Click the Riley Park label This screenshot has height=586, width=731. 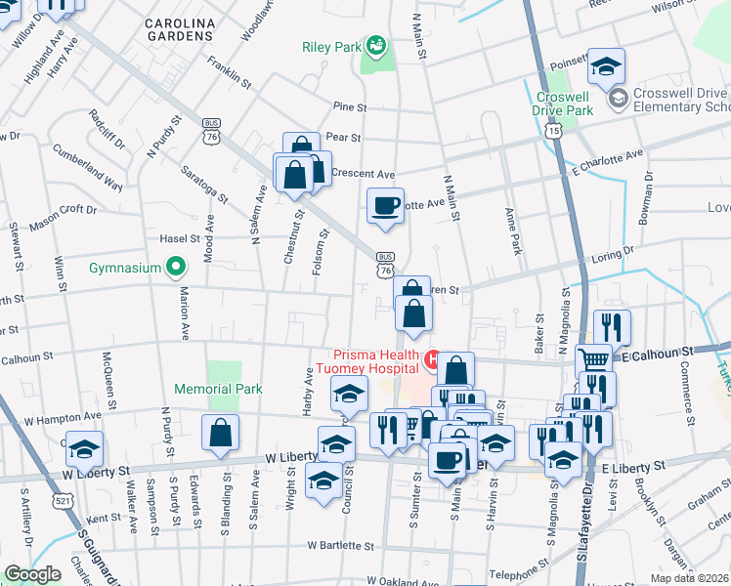click(331, 45)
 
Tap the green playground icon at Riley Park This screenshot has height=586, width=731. click(375, 46)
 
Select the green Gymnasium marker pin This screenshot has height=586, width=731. click(176, 266)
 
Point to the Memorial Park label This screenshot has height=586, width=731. click(218, 389)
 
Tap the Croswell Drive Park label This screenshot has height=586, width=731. click(563, 105)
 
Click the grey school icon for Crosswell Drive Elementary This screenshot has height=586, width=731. click(618, 99)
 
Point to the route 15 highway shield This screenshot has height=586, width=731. click(554, 130)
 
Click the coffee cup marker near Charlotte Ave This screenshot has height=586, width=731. click(384, 206)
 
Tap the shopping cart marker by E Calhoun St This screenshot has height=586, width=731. click(593, 359)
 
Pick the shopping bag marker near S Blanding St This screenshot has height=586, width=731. click(220, 431)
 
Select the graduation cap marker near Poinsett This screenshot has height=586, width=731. click(606, 65)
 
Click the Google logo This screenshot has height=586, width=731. click(32, 574)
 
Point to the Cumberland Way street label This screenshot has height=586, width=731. click(89, 169)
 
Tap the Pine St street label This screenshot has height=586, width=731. click(349, 106)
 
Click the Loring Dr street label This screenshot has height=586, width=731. click(614, 259)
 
